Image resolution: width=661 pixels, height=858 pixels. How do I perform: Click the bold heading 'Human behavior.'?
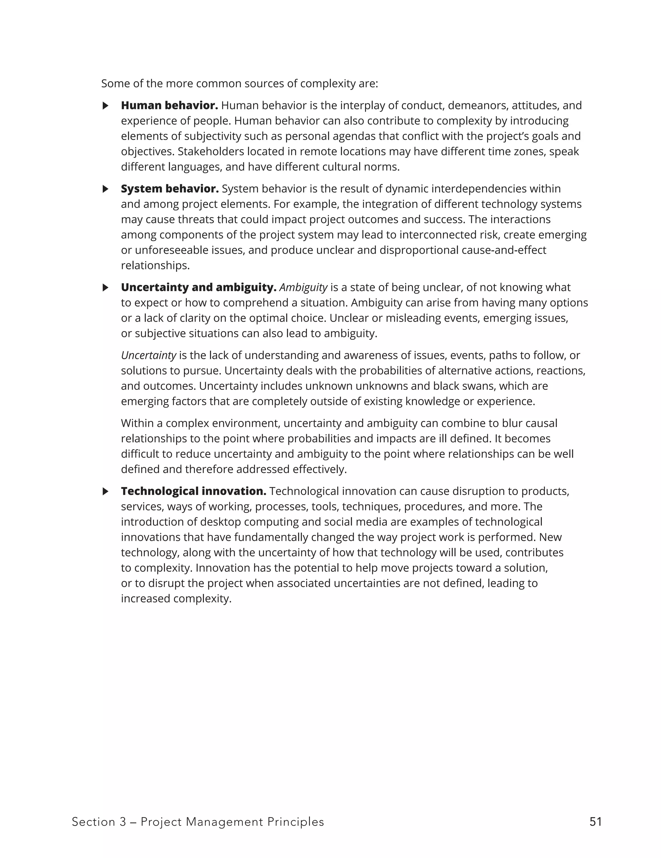[169, 105]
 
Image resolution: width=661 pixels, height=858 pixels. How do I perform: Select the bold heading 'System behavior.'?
[170, 188]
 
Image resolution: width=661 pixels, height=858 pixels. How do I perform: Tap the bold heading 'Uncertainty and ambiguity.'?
[198, 287]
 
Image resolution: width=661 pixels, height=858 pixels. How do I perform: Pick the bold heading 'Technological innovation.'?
[193, 491]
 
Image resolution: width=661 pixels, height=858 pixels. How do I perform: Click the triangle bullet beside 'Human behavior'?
[105, 106]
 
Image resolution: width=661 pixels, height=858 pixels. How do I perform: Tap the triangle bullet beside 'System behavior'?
[105, 189]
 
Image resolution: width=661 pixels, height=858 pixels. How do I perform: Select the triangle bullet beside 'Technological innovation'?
[105, 491]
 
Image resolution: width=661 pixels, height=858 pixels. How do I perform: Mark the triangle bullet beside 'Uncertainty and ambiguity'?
[105, 288]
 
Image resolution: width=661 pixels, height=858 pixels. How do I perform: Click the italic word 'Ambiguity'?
[303, 288]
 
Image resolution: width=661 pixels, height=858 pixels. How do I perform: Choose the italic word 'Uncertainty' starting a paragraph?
[148, 355]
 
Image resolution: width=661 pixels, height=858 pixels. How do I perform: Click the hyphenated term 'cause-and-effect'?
[502, 250]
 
